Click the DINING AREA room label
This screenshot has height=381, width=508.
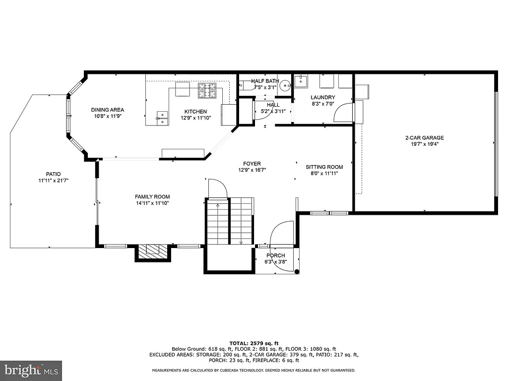tap(107, 110)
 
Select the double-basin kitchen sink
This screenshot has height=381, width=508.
tap(161, 117)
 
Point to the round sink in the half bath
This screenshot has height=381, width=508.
tap(285, 86)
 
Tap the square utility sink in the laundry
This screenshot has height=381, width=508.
tap(301, 81)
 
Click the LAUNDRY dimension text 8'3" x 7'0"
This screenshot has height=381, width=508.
tap(323, 104)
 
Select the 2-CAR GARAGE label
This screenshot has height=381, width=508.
tap(424, 138)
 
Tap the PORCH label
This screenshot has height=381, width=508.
tap(275, 255)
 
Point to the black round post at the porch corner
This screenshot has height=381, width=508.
tap(297, 271)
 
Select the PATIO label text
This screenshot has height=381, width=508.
tap(53, 174)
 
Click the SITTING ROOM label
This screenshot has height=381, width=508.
tap(324, 167)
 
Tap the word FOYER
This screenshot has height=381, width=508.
tap(252, 164)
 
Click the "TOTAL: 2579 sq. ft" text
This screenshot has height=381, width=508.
tap(254, 343)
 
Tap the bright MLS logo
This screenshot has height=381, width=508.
tap(31, 370)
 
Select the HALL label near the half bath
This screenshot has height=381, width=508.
tap(273, 105)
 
